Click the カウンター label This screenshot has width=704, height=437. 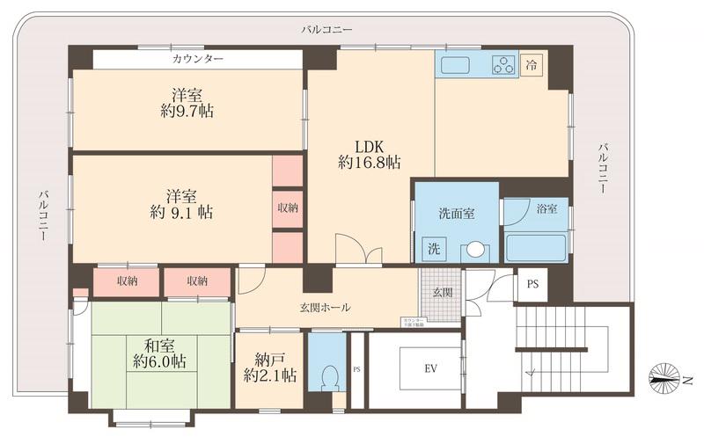coord(197,58)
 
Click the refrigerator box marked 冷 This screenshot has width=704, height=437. coord(531,64)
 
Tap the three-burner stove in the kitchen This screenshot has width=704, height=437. coord(503,64)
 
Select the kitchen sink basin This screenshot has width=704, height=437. coord(458,65)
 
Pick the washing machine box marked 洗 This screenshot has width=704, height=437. coord(431,249)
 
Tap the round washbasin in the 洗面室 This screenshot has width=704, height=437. coord(476,250)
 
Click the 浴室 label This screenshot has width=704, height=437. coord(547,210)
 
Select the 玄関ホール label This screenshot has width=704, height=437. coord(325,308)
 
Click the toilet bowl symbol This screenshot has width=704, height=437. coord(328,378)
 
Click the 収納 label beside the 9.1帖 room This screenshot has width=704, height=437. coord(287,208)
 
